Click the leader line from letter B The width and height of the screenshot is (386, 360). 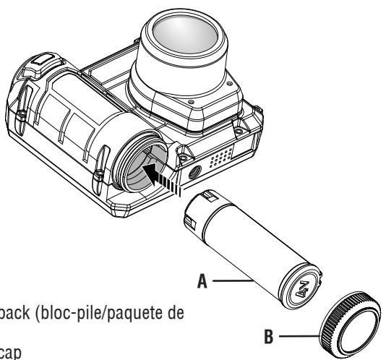coord(296,335)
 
